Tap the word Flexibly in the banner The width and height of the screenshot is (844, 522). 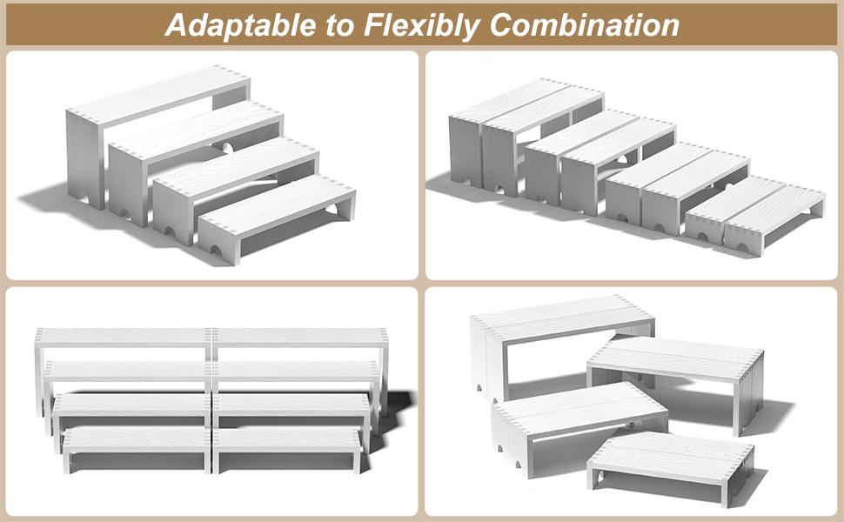(422, 26)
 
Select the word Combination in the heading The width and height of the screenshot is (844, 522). (585, 25)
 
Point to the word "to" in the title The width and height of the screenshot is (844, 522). (339, 26)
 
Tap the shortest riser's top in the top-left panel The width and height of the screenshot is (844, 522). (277, 206)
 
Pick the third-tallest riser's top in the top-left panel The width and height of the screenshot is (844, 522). (235, 168)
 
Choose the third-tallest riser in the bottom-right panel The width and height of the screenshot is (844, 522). (579, 419)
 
